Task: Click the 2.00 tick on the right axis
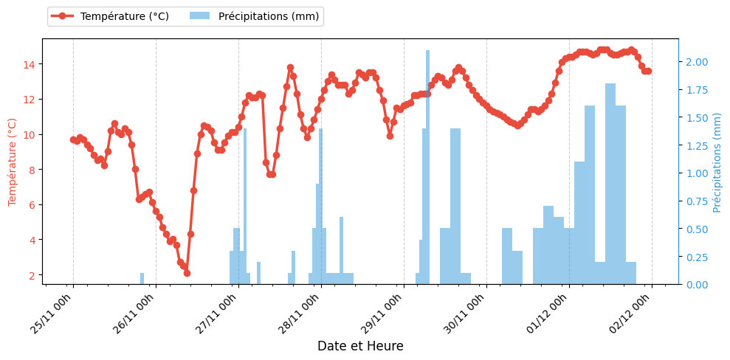(697, 62)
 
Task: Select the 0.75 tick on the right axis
(697, 201)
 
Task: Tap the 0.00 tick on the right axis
(697, 285)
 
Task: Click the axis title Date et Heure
(360, 346)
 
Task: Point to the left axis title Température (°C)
(13, 162)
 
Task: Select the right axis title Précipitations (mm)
(717, 162)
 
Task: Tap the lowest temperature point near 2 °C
(187, 273)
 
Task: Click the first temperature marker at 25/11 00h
(73, 139)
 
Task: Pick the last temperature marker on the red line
(648, 72)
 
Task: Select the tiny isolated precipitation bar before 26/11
(142, 279)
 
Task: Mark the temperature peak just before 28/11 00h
(290, 68)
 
